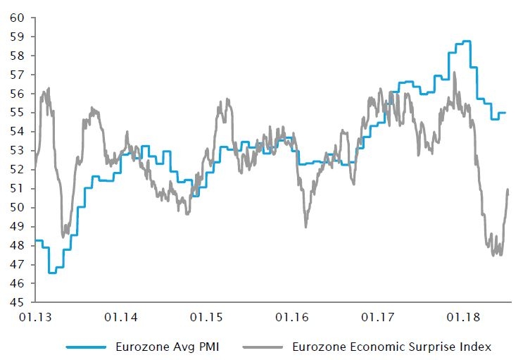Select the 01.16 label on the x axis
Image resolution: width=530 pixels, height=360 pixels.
294,318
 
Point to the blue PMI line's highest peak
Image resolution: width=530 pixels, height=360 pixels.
466,42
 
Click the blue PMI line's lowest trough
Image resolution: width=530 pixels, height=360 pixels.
52,273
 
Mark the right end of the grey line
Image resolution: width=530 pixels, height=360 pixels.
507,190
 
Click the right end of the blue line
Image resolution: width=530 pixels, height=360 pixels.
505,113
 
